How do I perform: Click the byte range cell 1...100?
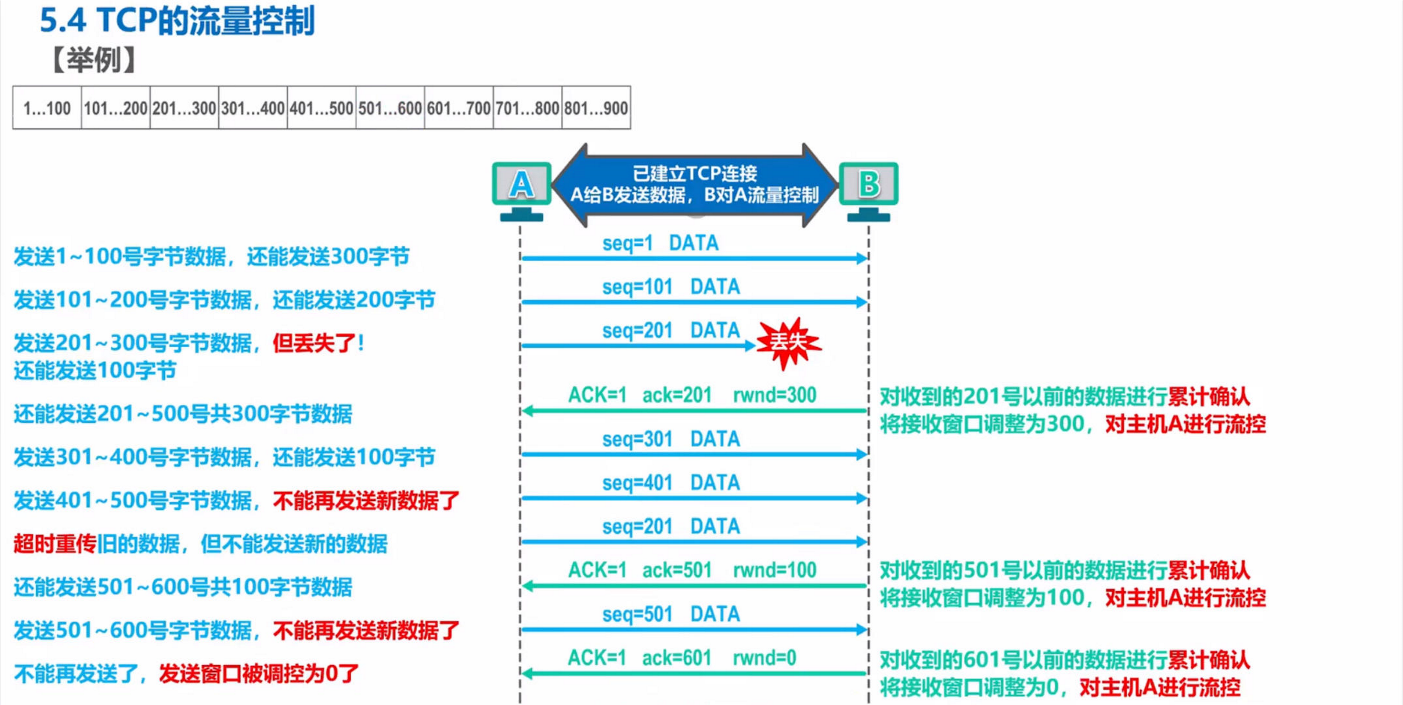point(47,108)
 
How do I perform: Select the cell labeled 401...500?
point(321,108)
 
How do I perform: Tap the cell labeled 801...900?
point(596,108)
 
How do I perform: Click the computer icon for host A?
point(521,188)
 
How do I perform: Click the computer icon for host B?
point(869,188)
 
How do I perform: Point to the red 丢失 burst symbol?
point(789,342)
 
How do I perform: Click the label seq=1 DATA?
point(660,243)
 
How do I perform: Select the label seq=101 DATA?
point(670,287)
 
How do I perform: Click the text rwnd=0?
point(764,658)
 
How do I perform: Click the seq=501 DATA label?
point(670,614)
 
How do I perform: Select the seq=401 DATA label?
point(670,483)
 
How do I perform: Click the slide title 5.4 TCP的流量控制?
point(177,21)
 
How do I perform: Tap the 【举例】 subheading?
point(93,60)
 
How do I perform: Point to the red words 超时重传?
point(54,544)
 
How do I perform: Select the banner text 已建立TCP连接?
point(694,174)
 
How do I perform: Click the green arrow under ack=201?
point(694,411)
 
